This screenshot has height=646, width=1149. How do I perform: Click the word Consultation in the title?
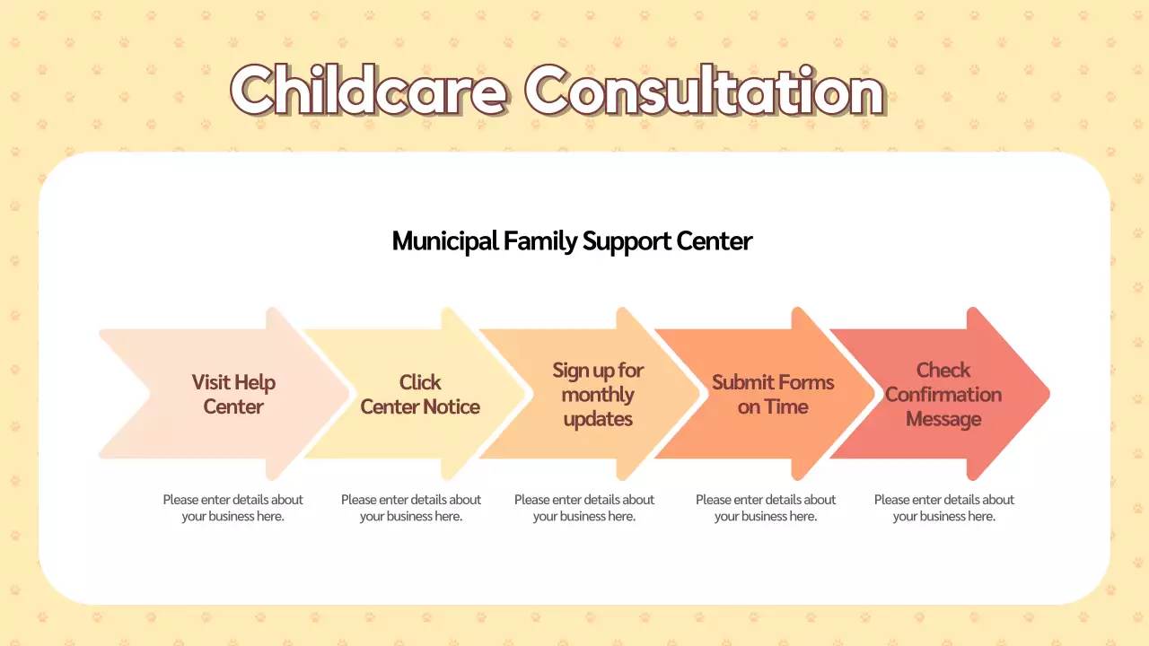click(705, 90)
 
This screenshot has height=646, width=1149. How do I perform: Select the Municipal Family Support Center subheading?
click(572, 241)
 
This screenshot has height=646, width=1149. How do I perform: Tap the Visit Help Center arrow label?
click(233, 395)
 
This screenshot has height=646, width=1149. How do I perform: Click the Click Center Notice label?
click(420, 395)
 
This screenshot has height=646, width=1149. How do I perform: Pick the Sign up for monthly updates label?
click(598, 395)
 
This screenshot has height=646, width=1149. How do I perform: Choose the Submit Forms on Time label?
click(773, 395)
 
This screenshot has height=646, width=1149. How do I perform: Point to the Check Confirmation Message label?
click(943, 395)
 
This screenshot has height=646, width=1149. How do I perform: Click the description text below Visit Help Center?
click(232, 508)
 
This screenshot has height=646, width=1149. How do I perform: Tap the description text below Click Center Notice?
click(411, 508)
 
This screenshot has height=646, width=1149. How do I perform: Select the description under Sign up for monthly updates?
click(584, 508)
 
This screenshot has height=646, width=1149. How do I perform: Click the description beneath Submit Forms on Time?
click(766, 508)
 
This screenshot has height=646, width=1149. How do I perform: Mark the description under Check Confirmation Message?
click(944, 508)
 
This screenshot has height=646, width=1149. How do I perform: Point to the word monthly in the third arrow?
click(598, 395)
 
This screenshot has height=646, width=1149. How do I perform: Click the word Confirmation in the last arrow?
click(943, 395)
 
